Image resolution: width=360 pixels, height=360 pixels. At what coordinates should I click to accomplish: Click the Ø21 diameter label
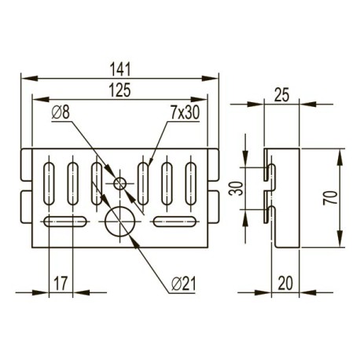pos(182,282)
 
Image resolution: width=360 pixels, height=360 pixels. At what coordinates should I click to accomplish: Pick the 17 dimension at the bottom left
pos(61,281)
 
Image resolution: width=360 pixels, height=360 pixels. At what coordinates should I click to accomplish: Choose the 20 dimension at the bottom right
pos(284,281)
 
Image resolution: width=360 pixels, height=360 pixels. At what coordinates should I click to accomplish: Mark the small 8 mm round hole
pos(119,184)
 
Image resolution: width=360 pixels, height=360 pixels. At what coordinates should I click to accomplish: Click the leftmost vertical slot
pos(49,180)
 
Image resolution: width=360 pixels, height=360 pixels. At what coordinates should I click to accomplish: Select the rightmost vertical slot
pos(189,180)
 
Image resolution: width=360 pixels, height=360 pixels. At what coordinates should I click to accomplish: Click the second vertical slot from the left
pos(73,180)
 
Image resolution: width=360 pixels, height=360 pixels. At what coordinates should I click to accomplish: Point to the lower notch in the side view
pos(269,211)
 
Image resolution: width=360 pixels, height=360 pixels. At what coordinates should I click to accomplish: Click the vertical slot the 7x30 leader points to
pos(144,180)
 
